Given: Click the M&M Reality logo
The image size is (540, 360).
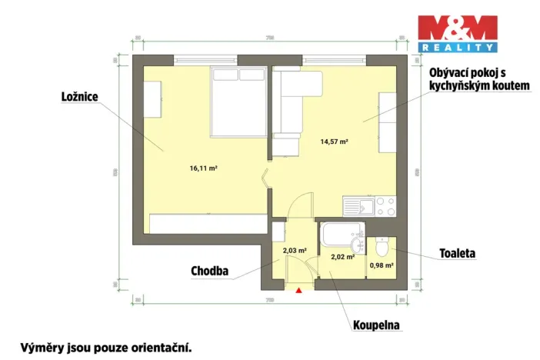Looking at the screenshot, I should tap(457, 35).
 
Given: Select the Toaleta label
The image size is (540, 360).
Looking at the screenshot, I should tap(457, 252).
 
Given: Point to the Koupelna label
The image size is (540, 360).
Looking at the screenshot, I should tap(377, 325).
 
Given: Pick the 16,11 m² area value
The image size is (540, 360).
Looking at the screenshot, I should tap(204, 167).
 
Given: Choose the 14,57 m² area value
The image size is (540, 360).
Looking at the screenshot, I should tap(335, 142).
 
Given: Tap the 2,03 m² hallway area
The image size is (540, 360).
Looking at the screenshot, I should tap(295, 250).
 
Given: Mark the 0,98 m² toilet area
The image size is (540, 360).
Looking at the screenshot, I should tap(382, 265).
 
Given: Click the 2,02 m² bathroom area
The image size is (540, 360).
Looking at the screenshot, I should tap(342, 257).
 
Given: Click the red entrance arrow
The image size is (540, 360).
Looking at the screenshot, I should tap(298, 290).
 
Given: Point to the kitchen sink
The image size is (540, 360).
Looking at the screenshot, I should tap(359, 205).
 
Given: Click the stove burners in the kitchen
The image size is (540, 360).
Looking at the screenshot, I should tap(385, 205).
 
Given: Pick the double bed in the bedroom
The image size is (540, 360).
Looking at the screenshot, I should tap(238, 100).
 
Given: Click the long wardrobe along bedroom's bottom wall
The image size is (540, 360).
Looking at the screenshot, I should tap(208, 224).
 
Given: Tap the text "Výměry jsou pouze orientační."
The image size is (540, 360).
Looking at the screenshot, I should tap(105, 347).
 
